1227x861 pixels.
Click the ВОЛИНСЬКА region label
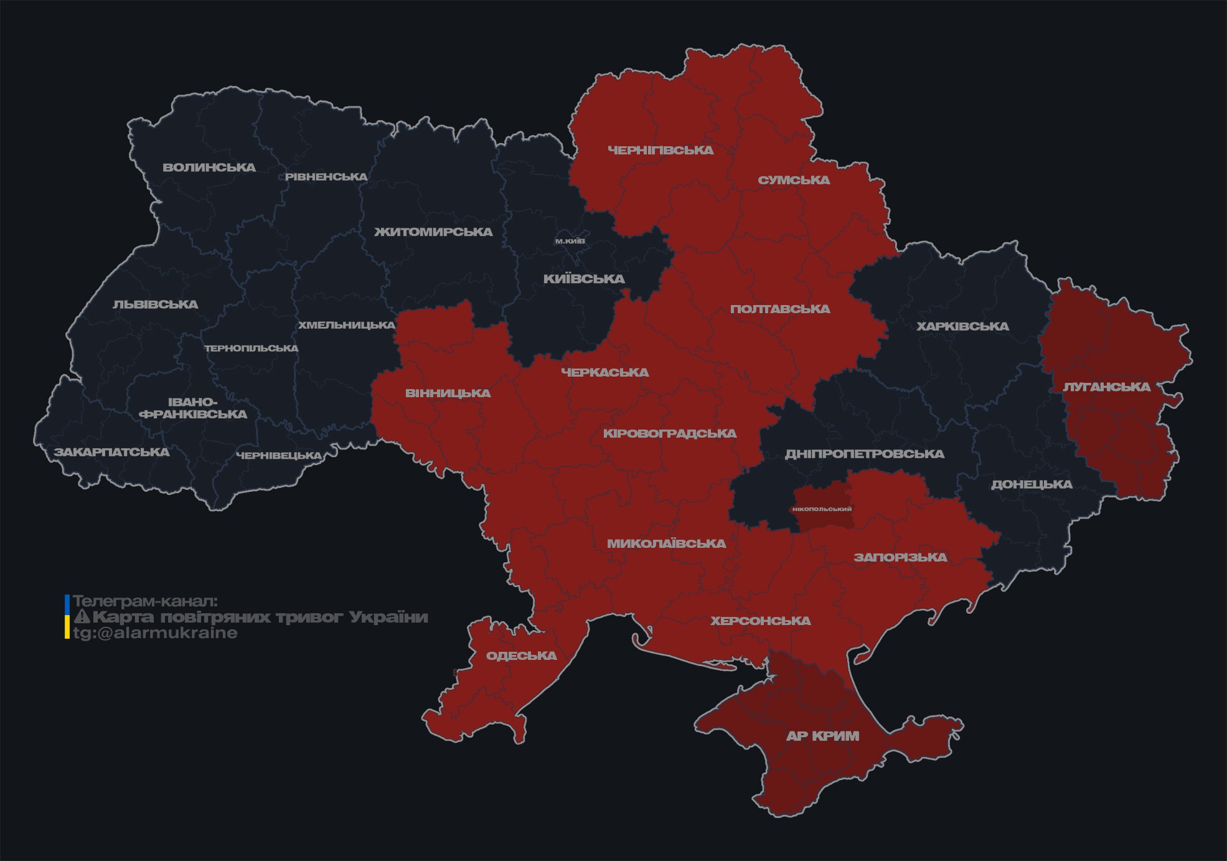point(209,167)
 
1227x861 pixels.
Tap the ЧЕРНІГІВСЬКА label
point(661,150)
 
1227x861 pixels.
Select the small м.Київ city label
point(570,241)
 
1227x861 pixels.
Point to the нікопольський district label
point(822,509)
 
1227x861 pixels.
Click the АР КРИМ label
point(822,736)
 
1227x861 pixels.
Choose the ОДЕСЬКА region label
point(521,656)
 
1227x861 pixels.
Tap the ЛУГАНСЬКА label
point(1106,387)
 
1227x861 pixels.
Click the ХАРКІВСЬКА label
point(962,326)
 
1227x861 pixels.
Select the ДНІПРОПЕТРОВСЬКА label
point(864,454)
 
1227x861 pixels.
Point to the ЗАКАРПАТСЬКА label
point(111,452)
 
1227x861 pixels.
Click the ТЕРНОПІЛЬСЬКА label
point(252,348)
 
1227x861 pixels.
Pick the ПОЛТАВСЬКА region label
point(780,309)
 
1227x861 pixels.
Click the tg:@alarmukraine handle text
point(155,633)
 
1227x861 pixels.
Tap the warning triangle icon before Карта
point(82,617)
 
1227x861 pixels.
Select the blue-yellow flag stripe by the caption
point(67,616)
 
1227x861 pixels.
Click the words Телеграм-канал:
point(145,601)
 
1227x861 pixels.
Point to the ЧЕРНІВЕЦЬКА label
point(279,456)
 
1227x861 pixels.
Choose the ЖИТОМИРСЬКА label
point(433,232)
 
